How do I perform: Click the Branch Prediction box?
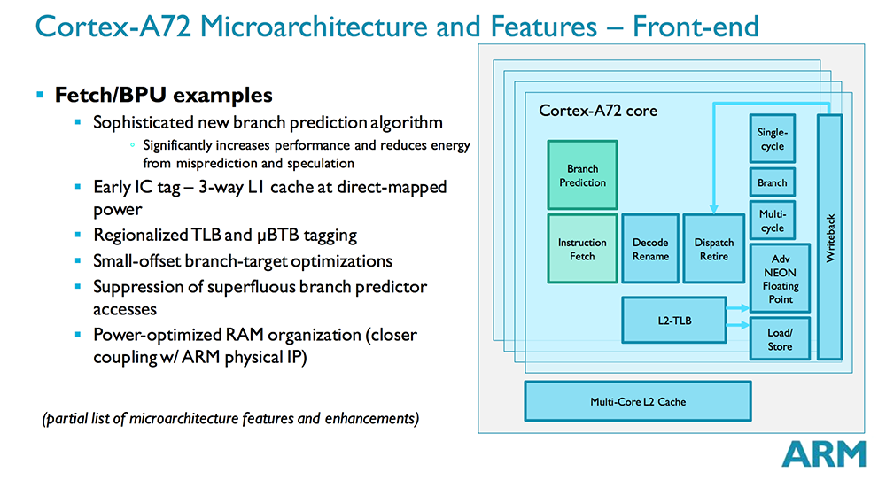(x=582, y=175)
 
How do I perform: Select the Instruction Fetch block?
(x=582, y=249)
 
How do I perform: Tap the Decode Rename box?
(x=649, y=249)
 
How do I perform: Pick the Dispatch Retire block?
(x=713, y=249)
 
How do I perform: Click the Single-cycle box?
(x=772, y=139)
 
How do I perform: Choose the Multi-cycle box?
(x=772, y=221)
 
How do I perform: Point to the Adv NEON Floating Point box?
(x=780, y=280)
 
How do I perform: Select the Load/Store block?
(x=780, y=339)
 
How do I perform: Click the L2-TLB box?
(x=674, y=320)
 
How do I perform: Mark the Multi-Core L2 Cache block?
(x=638, y=401)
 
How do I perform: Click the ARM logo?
(x=823, y=453)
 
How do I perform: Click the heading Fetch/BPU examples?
(x=163, y=94)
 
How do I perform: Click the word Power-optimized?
(x=156, y=336)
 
